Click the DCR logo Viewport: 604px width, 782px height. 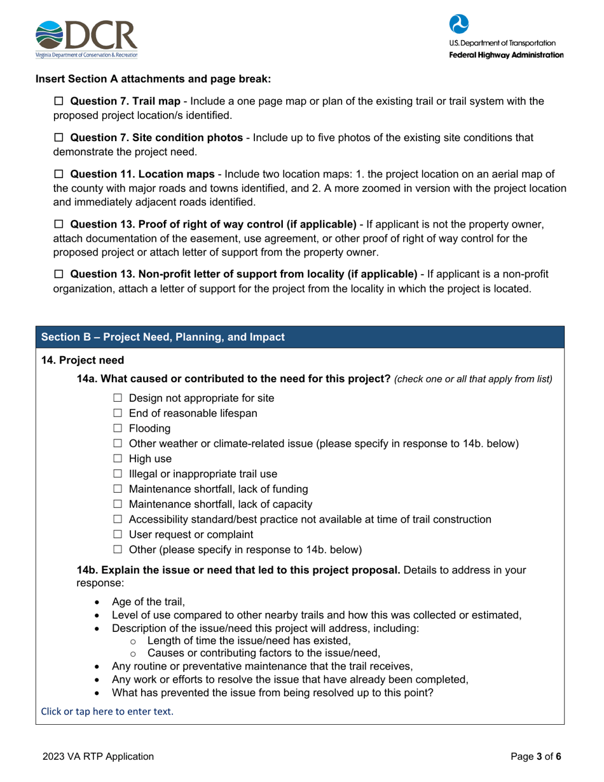[x=86, y=39]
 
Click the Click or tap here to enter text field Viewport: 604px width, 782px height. [x=107, y=711]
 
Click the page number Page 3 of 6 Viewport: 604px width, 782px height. [x=537, y=757]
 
